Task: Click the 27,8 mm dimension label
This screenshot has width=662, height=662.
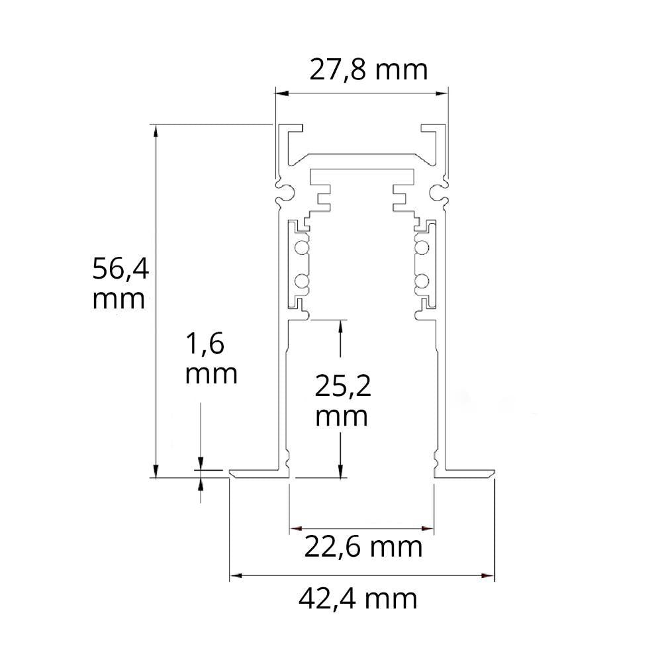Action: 369,70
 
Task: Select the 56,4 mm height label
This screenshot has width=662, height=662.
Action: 120,283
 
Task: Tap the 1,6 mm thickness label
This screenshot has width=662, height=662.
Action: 211,358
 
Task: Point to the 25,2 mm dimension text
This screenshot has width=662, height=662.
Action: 343,401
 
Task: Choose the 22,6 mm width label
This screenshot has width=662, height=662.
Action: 363,547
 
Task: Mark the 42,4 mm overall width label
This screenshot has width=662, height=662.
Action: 358,599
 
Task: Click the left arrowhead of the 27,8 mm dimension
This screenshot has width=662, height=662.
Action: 281,93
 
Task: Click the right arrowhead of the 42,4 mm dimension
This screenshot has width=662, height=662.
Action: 488,575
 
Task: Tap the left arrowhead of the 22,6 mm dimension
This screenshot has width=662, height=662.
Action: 295,528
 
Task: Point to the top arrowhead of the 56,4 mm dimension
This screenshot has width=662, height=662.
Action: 156,131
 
